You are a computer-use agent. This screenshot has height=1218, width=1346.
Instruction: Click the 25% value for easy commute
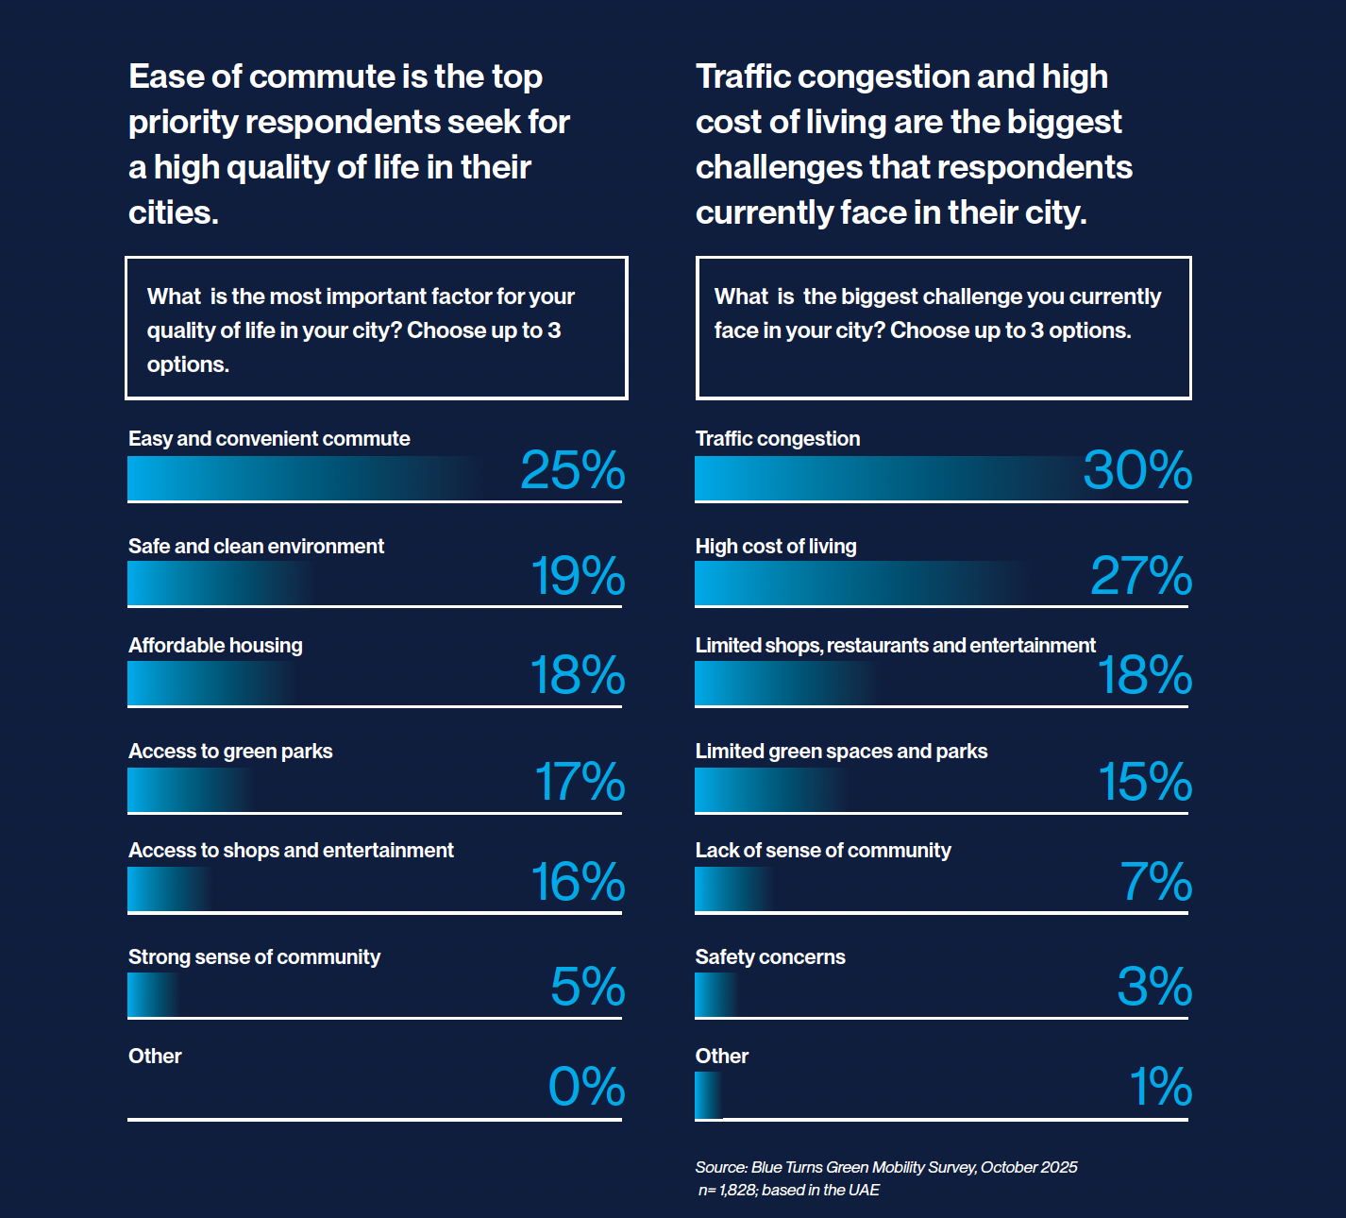pyautogui.click(x=572, y=470)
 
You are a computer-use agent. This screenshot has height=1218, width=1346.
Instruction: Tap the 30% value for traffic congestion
pyautogui.click(x=1137, y=470)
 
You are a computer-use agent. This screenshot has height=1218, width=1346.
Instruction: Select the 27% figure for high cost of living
pyautogui.click(x=1141, y=576)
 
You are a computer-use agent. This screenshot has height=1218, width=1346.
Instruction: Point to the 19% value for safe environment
pyautogui.click(x=578, y=576)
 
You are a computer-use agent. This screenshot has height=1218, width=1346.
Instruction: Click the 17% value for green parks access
pyautogui.click(x=580, y=782)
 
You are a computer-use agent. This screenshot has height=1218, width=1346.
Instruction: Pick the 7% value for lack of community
pyautogui.click(x=1156, y=882)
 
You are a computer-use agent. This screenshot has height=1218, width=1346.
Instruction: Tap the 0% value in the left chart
pyautogui.click(x=586, y=1087)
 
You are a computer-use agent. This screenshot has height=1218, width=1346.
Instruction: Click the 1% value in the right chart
pyautogui.click(x=1161, y=1087)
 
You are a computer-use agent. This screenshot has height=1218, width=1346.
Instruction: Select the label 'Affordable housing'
pyautogui.click(x=215, y=646)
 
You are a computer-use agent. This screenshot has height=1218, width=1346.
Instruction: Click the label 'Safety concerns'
pyautogui.click(x=770, y=957)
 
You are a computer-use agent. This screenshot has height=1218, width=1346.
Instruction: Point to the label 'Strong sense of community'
pyautogui.click(x=254, y=957)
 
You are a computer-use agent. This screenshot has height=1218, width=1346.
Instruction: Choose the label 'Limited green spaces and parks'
pyautogui.click(x=841, y=752)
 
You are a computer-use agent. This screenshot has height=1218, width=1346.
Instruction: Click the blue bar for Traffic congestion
pyautogui.click(x=887, y=479)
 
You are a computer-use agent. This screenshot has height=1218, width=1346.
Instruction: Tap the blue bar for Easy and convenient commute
pyautogui.click(x=302, y=479)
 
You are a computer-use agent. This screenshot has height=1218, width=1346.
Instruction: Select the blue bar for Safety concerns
pyautogui.click(x=715, y=995)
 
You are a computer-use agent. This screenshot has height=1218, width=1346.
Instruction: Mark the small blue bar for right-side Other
pyautogui.click(x=708, y=1096)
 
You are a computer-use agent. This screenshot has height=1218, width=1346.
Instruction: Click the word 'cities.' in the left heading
pyautogui.click(x=174, y=212)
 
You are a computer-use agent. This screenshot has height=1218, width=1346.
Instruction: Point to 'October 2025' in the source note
pyautogui.click(x=1029, y=1168)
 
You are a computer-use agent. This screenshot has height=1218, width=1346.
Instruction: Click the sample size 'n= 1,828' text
pyautogui.click(x=727, y=1191)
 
